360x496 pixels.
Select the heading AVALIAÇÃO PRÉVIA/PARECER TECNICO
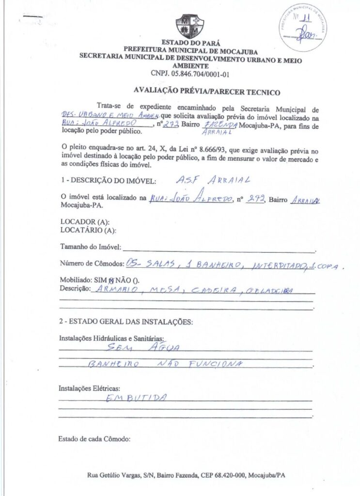click(207, 92)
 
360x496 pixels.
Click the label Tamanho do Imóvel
click(90, 247)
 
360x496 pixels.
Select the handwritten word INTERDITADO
click(273, 266)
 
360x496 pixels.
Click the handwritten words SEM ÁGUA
click(143, 347)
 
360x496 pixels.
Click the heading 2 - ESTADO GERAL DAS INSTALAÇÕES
click(126, 322)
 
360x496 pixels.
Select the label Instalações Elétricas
click(90, 388)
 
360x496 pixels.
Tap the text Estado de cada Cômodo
click(94, 439)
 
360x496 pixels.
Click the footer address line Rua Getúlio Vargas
click(186, 475)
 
